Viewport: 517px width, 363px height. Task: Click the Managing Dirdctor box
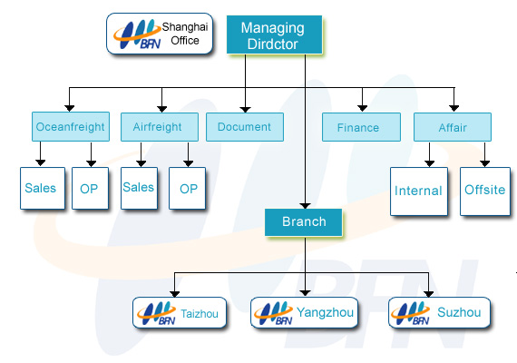(274, 34)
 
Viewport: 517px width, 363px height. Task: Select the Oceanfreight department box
(71, 127)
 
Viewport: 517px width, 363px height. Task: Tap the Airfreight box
(160, 127)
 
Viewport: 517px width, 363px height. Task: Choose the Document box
(245, 127)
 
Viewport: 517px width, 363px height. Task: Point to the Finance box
(361, 127)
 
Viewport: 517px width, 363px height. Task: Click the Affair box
(453, 127)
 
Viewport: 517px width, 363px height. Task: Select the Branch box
(304, 222)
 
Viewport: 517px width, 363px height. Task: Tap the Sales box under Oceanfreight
(43, 189)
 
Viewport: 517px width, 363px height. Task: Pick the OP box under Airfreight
(187, 189)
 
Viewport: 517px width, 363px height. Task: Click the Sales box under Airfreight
(139, 189)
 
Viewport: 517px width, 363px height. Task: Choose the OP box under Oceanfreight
(91, 189)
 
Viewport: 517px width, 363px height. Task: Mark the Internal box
(419, 191)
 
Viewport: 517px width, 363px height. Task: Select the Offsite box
(485, 191)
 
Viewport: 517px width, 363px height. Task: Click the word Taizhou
(200, 313)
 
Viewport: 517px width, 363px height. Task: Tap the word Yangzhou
(325, 312)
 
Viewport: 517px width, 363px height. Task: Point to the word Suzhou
(459, 312)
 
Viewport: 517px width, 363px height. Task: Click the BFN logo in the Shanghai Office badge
(137, 34)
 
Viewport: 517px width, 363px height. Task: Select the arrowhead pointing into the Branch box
(306, 206)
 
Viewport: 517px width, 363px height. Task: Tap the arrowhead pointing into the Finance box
(363, 108)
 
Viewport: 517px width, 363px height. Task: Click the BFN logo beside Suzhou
(411, 313)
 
